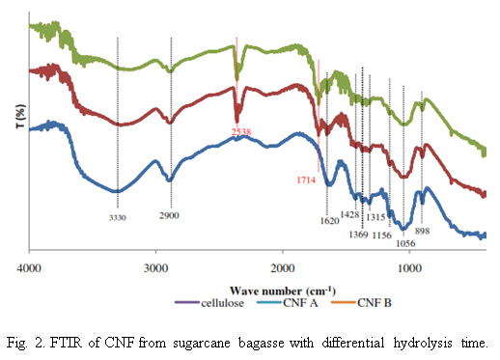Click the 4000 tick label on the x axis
(x=29, y=268)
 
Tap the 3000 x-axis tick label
(x=155, y=268)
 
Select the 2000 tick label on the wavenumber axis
(x=283, y=268)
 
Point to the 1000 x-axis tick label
(x=409, y=268)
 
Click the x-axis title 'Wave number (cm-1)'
(x=283, y=291)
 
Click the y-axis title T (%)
(x=20, y=116)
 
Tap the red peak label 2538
(x=241, y=131)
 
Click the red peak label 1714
(x=306, y=180)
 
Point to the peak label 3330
(x=118, y=218)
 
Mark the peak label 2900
(x=169, y=215)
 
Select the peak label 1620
(x=330, y=221)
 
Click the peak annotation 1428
(x=349, y=214)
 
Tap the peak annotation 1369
(x=358, y=235)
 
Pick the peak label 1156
(x=382, y=235)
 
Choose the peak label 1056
(x=405, y=243)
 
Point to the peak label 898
(x=422, y=231)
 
